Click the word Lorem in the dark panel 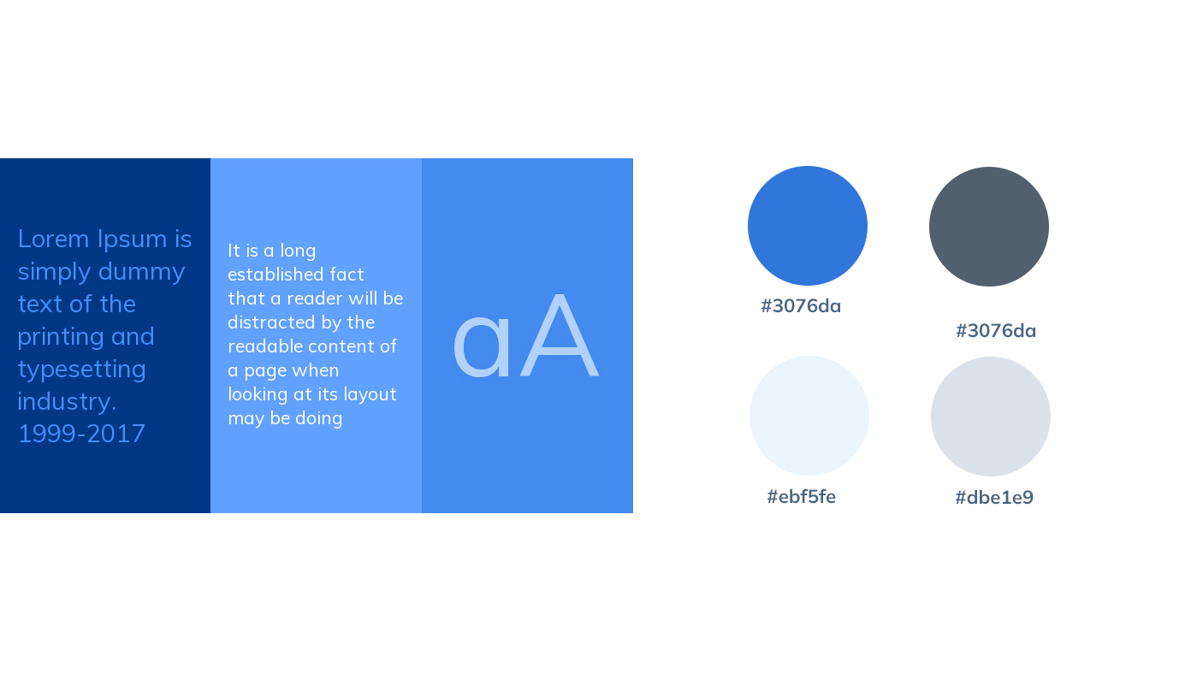(53, 239)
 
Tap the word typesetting (82, 370)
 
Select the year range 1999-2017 (81, 434)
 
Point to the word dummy (142, 272)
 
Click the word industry (67, 402)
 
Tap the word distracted (264, 322)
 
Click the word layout (370, 394)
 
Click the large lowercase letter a (482, 346)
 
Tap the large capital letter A (559, 335)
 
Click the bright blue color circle (808, 226)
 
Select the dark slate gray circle (989, 227)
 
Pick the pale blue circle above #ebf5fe (809, 416)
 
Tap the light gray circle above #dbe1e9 (991, 417)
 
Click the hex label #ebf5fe (801, 497)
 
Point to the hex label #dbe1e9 (994, 498)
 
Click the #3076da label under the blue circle (801, 306)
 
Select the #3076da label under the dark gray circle (996, 331)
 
